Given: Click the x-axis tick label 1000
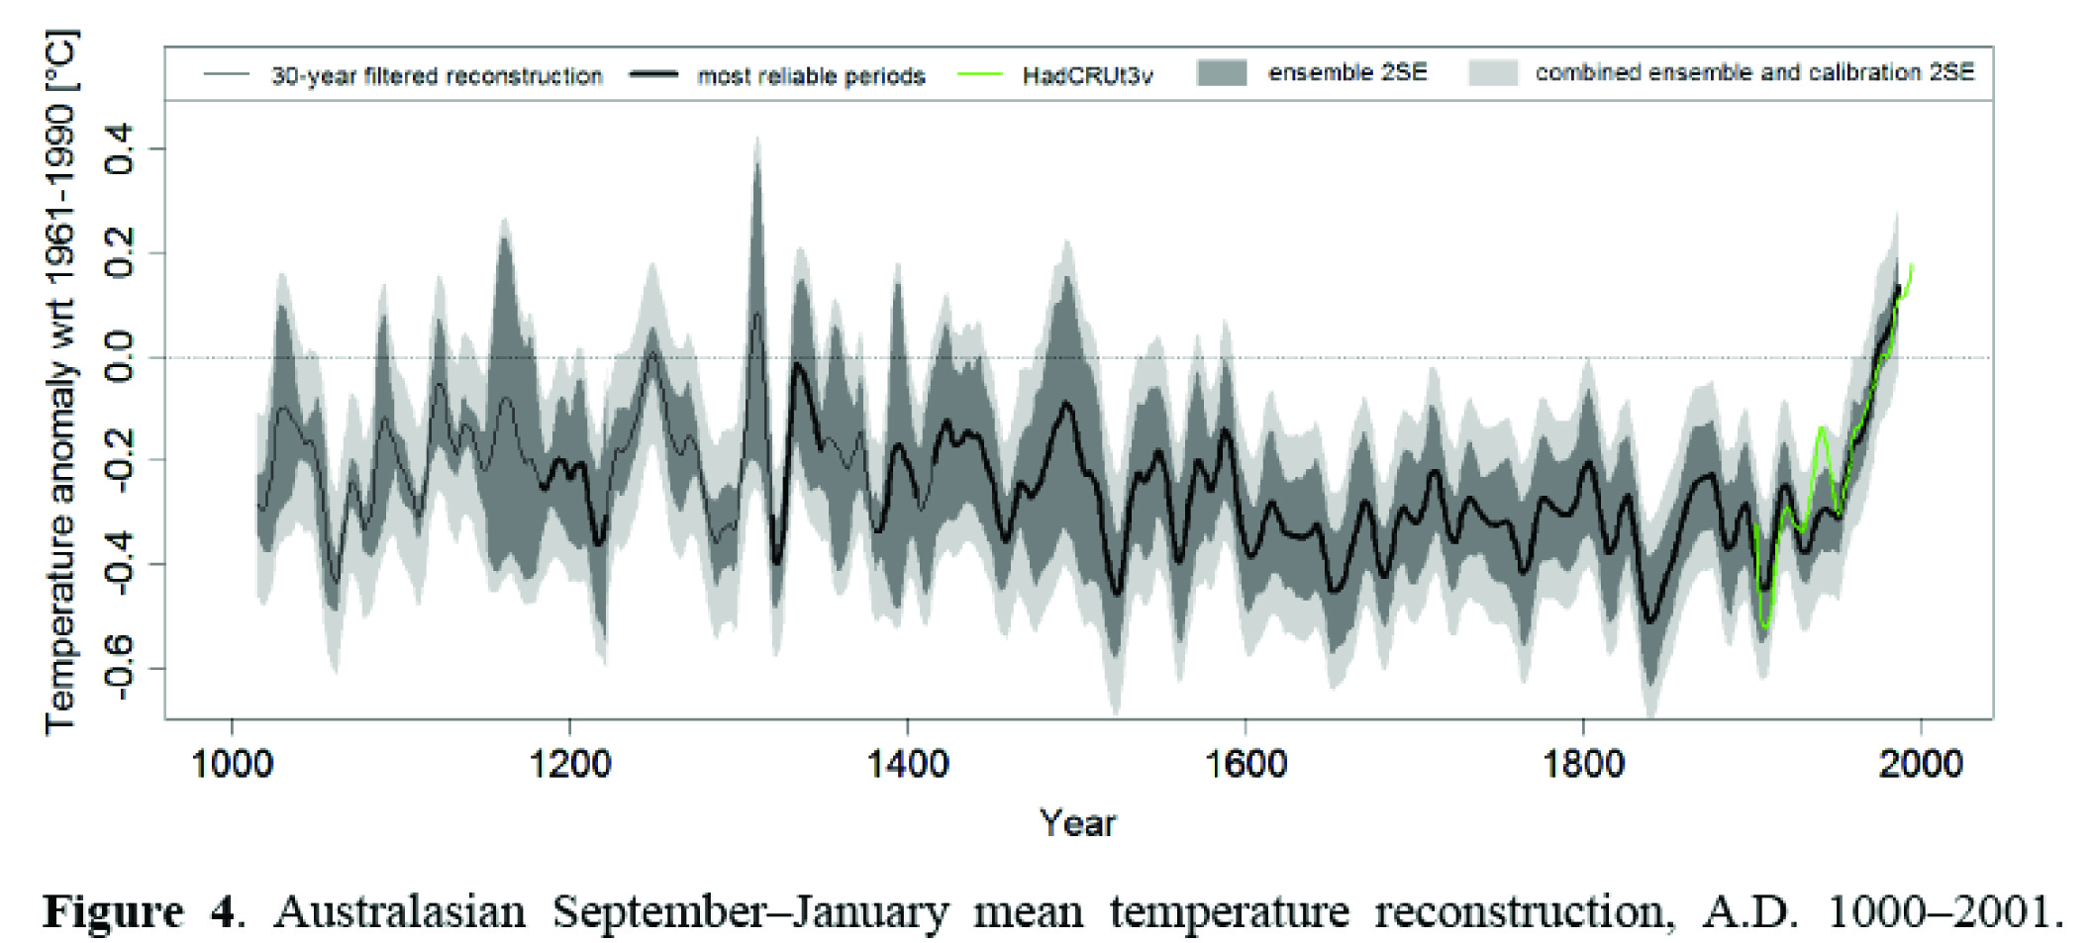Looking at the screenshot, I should (232, 764).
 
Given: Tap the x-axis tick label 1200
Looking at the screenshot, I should (569, 764).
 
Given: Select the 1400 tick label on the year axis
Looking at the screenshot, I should (907, 764).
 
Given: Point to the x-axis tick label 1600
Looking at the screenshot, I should (1246, 764).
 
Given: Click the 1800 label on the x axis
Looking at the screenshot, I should (1583, 764).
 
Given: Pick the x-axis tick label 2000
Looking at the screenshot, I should (1921, 764).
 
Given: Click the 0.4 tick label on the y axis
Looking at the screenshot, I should (121, 149).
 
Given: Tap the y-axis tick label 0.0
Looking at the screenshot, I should (121, 357).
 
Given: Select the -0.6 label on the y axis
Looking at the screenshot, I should (121, 668).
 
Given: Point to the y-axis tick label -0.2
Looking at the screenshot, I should (121, 460).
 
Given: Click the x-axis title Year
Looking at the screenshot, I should (1077, 823).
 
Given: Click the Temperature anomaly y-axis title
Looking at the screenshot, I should (61, 381).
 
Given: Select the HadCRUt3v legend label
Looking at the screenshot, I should (1087, 76).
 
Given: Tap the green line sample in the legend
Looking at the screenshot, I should (981, 74).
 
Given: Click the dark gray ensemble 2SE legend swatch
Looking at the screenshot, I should (1221, 72).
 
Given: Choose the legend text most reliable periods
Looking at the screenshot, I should (811, 76).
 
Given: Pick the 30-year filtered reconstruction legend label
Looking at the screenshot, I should (437, 76).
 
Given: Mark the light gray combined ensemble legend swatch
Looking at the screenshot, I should (1493, 72).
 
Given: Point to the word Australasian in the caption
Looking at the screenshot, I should (399, 911).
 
